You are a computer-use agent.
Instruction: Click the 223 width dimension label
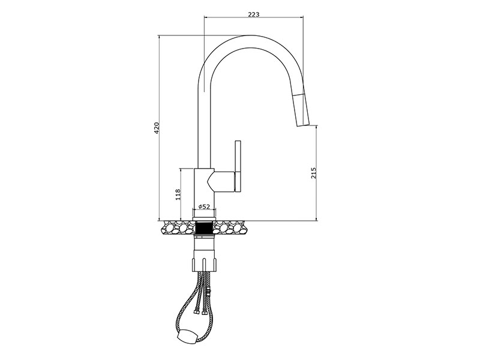tap(253, 14)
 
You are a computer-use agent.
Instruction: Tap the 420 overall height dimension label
tap(157, 128)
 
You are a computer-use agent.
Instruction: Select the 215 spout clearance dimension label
tap(313, 173)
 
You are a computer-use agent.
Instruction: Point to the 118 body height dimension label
tap(178, 194)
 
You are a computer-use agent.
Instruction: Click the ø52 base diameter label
tap(204, 206)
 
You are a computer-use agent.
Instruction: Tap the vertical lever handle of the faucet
tap(238, 167)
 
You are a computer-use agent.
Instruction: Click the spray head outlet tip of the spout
tap(303, 124)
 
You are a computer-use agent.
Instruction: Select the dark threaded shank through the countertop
tap(204, 228)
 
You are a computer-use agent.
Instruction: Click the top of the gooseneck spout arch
tap(251, 35)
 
